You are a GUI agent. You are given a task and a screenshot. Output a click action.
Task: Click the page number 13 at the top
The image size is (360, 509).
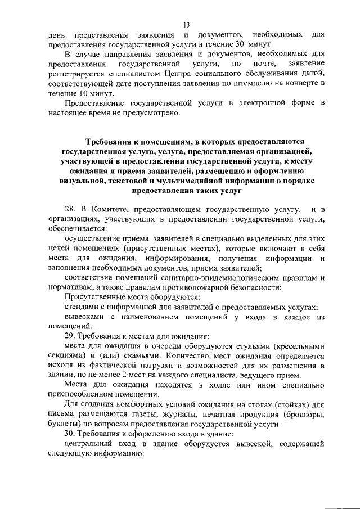(187, 24)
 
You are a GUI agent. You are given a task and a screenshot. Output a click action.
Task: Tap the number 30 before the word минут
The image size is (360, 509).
(238, 43)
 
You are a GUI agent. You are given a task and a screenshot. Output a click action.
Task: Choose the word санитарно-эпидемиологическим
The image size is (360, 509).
(206, 278)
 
